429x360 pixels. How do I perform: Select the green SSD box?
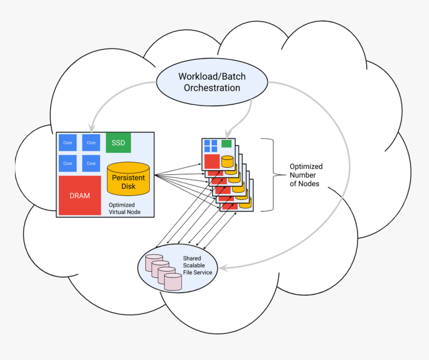[x=118, y=143]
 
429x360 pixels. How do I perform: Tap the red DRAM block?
[x=80, y=195]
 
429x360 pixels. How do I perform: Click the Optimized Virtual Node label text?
[x=125, y=208]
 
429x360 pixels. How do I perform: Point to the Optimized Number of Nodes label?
[x=306, y=175]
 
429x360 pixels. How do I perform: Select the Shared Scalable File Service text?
[x=197, y=266]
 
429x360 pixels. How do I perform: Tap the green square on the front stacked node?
[x=226, y=144]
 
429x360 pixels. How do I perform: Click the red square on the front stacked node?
[x=212, y=161]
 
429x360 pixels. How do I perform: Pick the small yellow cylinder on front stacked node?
[x=227, y=161]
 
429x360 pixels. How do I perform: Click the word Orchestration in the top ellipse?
[x=212, y=88]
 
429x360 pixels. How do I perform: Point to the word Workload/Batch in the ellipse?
[x=212, y=76]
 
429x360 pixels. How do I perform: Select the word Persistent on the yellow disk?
[x=128, y=178]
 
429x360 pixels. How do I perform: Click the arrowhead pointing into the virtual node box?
[x=91, y=128]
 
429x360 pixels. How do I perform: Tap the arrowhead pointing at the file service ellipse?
[x=223, y=268]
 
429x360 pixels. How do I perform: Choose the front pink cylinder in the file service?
[x=173, y=282]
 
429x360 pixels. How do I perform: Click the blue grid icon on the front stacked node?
[x=211, y=145]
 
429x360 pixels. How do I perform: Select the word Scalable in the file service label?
[x=194, y=266]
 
